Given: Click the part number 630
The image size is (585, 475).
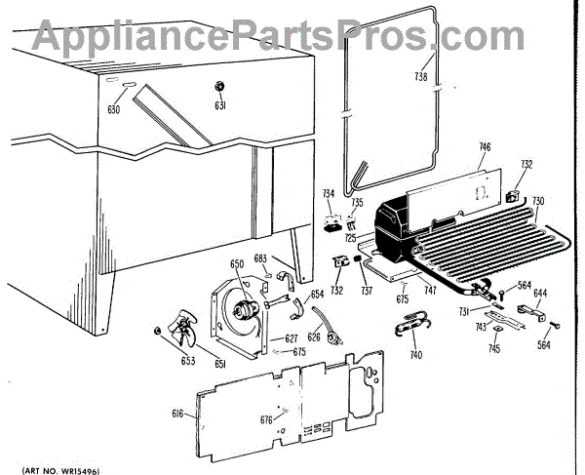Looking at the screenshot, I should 113,109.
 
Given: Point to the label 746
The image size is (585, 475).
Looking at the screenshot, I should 484,147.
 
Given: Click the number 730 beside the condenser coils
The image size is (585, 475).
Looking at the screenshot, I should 538,201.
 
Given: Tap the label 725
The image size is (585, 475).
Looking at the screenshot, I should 349,237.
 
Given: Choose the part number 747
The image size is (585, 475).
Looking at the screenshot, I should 429,290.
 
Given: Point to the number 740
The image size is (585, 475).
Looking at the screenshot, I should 416,354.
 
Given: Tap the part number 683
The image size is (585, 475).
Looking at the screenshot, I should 260,258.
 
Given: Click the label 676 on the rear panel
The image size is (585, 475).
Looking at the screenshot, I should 266,420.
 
